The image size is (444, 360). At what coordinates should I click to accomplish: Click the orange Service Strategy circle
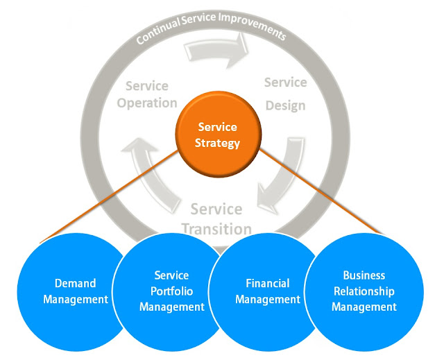click(x=217, y=135)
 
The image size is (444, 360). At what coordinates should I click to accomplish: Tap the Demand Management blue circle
click(x=75, y=291)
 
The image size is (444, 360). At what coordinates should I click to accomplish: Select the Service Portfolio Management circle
click(x=171, y=291)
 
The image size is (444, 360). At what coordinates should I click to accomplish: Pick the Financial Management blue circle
click(x=267, y=291)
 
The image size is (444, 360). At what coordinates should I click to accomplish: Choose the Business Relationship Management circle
click(x=364, y=291)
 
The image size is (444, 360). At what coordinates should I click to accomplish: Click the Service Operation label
click(x=147, y=94)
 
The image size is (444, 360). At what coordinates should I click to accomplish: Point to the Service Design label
click(x=285, y=91)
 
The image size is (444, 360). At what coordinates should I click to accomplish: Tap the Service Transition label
click(x=216, y=218)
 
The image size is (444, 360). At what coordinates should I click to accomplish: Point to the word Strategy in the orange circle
click(x=218, y=144)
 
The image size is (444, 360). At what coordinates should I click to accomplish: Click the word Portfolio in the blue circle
click(x=171, y=291)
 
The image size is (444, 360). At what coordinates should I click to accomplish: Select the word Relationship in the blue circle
click(x=364, y=291)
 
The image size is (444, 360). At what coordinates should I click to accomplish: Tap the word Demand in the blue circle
click(x=75, y=284)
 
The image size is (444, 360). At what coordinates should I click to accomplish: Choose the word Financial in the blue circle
click(x=267, y=284)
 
